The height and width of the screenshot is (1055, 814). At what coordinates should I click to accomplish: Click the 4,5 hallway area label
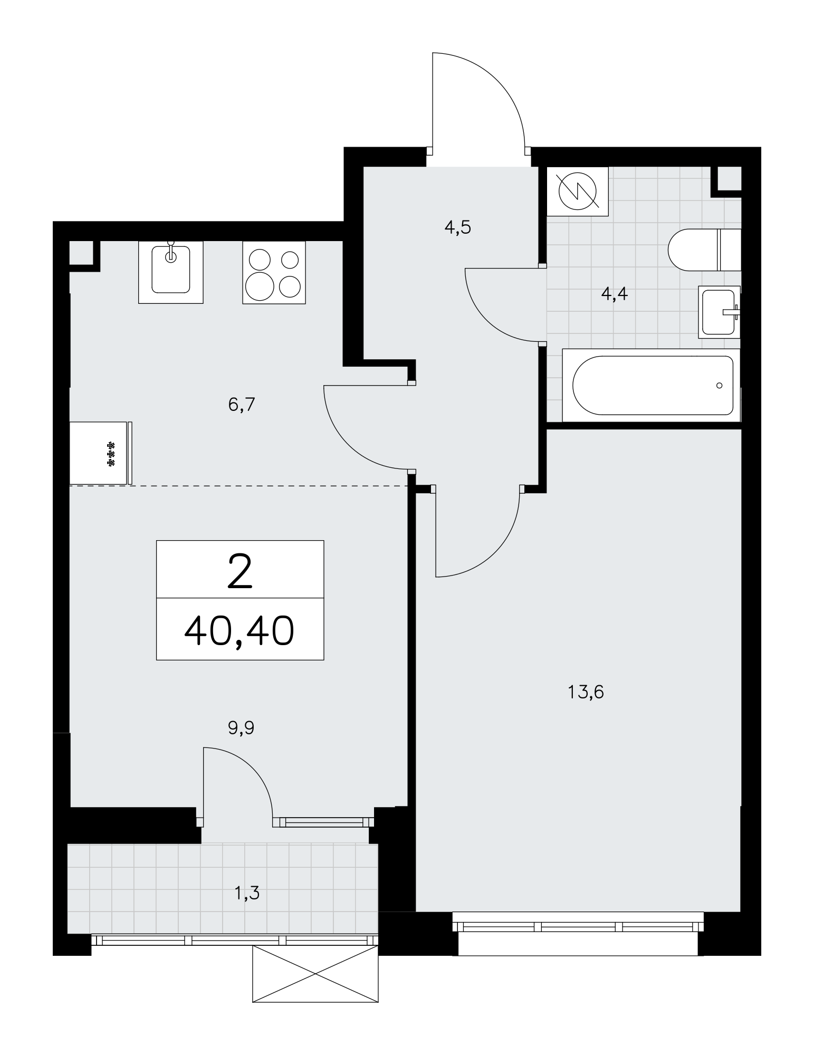click(457, 228)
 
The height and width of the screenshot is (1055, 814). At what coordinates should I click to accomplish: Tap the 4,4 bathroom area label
click(615, 294)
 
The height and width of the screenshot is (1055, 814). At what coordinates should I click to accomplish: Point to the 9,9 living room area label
click(241, 728)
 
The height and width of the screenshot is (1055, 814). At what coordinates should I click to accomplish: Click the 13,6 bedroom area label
click(586, 692)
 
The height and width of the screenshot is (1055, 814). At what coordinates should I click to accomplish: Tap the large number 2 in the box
click(240, 572)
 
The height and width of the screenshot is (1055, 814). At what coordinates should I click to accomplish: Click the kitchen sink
click(170, 272)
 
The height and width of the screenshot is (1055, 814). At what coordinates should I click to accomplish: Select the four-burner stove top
click(274, 272)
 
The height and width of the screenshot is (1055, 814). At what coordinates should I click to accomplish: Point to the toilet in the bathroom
click(704, 250)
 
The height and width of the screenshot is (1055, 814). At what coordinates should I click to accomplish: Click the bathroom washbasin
click(719, 312)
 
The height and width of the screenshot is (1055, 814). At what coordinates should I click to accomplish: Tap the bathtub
click(652, 385)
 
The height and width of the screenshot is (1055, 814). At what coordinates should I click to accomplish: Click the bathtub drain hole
click(720, 386)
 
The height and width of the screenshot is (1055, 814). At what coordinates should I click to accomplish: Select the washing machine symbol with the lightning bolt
click(578, 191)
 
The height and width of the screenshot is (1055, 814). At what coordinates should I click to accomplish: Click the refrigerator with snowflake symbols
click(101, 453)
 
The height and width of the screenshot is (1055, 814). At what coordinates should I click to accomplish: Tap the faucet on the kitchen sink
click(170, 253)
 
